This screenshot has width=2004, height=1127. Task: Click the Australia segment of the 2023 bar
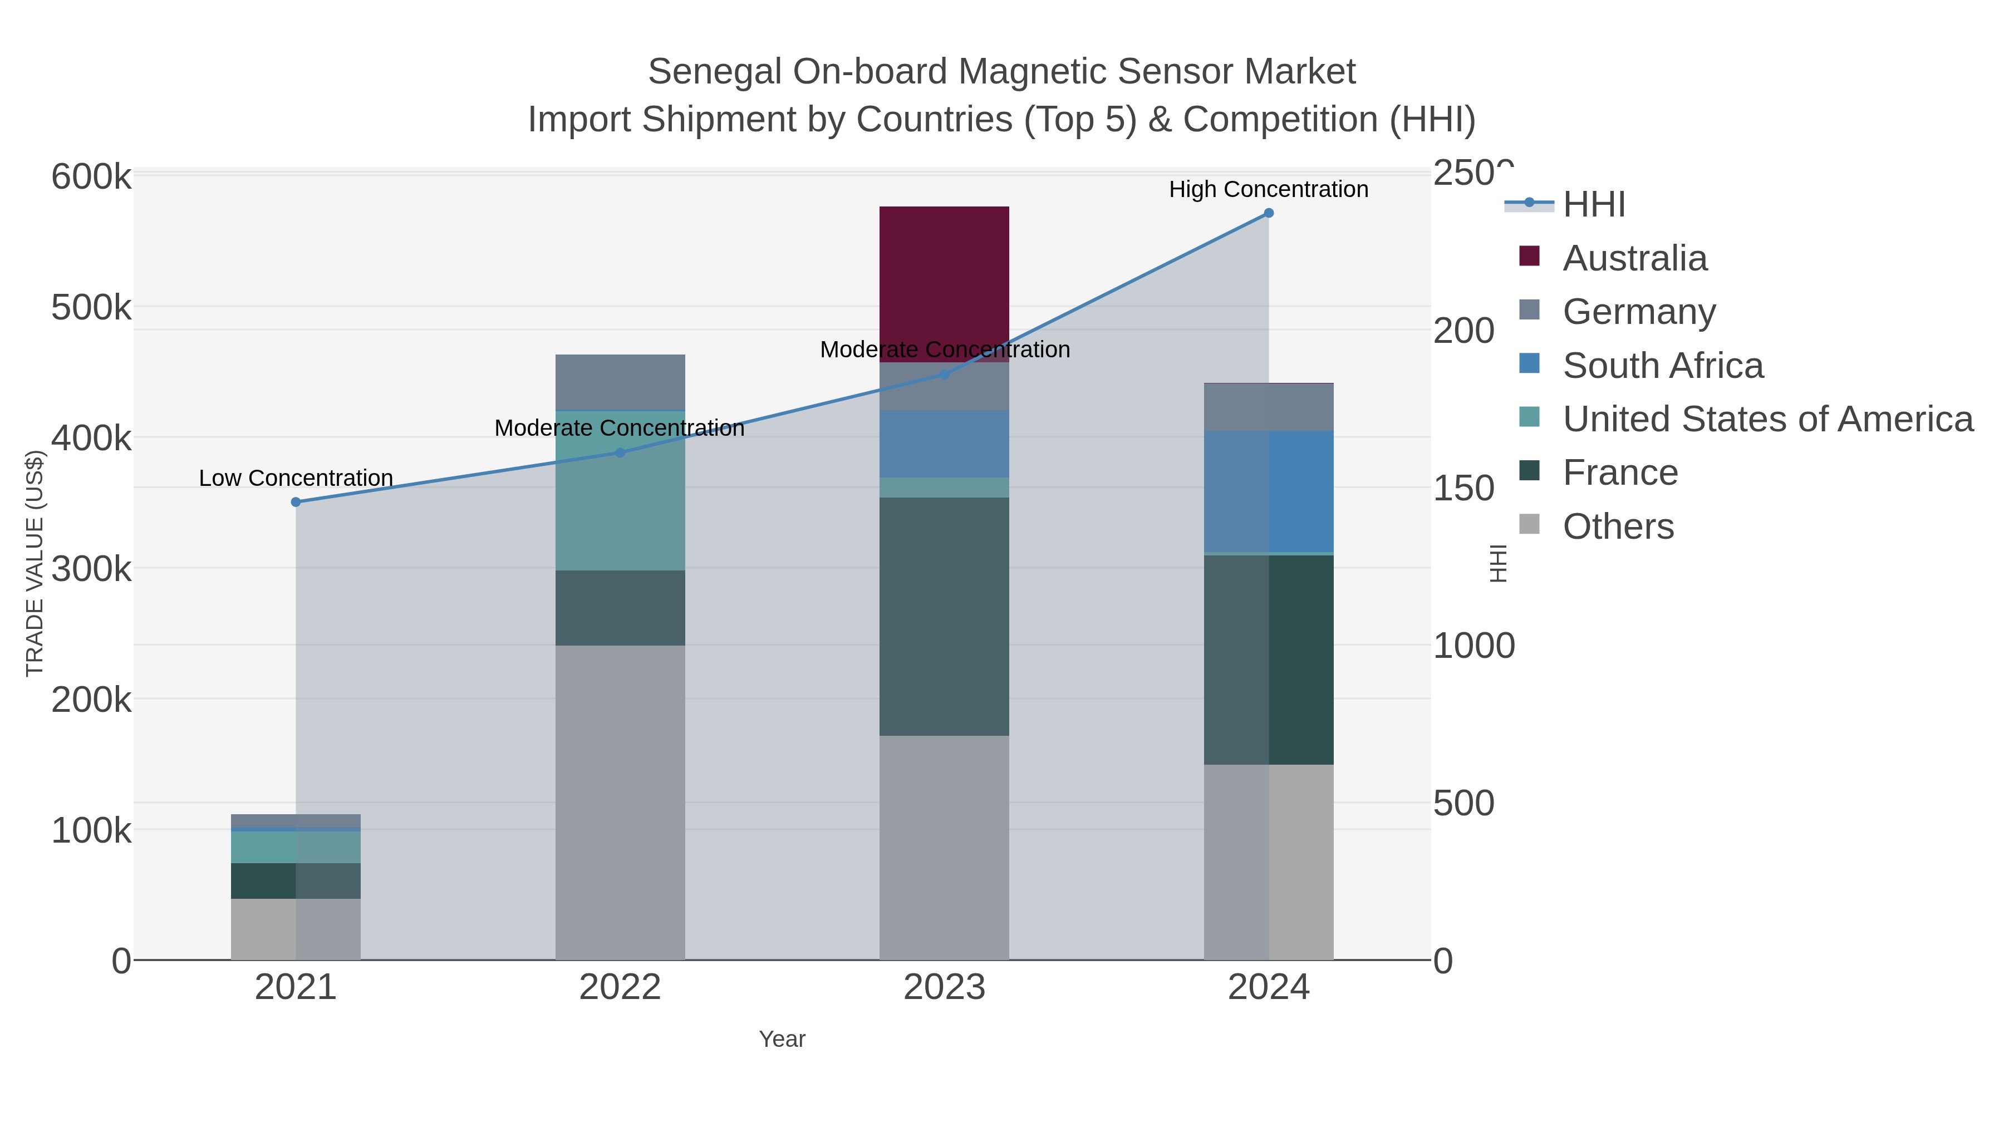point(944,284)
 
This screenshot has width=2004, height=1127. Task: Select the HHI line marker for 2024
point(1268,213)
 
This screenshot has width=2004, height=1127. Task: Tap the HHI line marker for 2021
point(296,503)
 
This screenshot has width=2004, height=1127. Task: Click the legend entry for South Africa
point(1662,366)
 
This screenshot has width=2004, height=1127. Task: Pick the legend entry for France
point(1620,473)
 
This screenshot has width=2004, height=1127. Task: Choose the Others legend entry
point(1617,526)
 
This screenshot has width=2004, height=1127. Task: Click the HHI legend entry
point(1593,205)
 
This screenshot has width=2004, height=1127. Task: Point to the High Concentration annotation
point(1268,189)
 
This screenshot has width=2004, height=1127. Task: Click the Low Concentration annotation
point(296,478)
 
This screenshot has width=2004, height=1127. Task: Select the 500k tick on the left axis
point(91,308)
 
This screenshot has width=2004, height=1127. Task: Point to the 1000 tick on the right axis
point(1473,646)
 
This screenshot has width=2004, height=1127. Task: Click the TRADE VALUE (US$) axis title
point(35,563)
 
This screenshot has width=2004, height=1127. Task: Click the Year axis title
point(782,1039)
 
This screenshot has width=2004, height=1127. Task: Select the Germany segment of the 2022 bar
point(620,382)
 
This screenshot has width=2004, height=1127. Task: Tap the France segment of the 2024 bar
point(1268,660)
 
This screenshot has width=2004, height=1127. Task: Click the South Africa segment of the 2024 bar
point(1268,491)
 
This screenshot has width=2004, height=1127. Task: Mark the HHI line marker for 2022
point(620,452)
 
